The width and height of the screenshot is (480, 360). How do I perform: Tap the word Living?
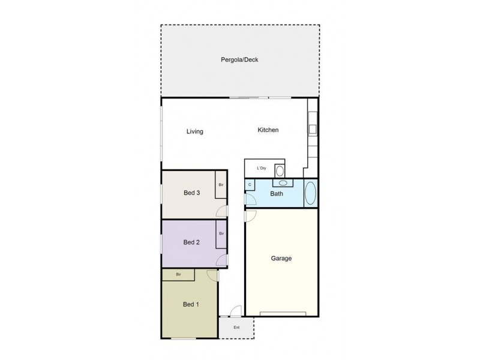pyautogui.click(x=194, y=132)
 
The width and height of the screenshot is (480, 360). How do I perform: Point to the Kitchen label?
pyautogui.click(x=268, y=130)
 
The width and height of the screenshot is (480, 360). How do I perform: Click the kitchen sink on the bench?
pyautogui.click(x=312, y=129)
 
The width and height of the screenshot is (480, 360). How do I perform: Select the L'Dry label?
pyautogui.click(x=262, y=169)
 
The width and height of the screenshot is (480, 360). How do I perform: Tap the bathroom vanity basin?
pyautogui.click(x=281, y=184)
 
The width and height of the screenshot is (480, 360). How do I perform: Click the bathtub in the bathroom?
pyautogui.click(x=310, y=194)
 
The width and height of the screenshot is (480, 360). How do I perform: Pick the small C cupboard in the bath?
pyautogui.click(x=249, y=185)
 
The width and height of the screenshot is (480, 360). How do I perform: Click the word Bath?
pyautogui.click(x=277, y=194)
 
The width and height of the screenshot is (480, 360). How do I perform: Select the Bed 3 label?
pyautogui.click(x=191, y=193)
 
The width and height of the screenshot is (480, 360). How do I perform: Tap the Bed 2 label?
pyautogui.click(x=191, y=242)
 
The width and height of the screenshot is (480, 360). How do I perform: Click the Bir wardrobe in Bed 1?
pyautogui.click(x=178, y=275)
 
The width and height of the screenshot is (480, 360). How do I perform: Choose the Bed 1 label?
pyautogui.click(x=191, y=304)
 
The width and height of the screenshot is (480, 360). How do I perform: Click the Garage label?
pyautogui.click(x=281, y=259)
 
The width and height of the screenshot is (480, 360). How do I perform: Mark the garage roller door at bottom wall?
pyautogui.click(x=284, y=314)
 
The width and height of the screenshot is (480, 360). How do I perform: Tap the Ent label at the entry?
pyautogui.click(x=236, y=328)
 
